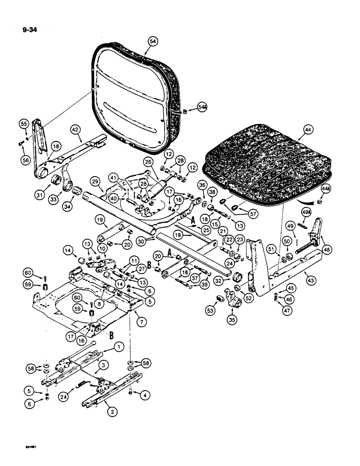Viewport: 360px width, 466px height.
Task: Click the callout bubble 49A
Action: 306,212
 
